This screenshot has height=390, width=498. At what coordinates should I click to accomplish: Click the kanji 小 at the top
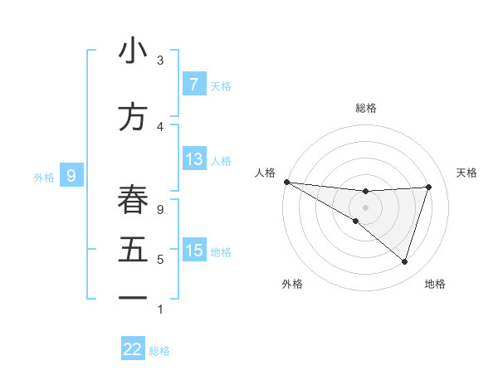pos(133,51)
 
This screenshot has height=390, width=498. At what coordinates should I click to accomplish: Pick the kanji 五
pos(133,249)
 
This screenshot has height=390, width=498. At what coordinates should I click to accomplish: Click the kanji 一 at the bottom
pos(133,297)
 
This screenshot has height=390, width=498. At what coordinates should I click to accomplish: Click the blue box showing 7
pos(193,85)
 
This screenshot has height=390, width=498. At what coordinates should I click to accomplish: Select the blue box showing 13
pos(193,159)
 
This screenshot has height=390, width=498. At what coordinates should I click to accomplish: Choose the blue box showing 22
pos(133,349)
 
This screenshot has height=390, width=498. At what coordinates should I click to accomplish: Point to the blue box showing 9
pos(72,175)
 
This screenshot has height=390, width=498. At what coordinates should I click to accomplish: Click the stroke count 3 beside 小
pos(160,61)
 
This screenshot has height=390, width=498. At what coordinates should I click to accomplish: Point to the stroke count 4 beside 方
pos(160,126)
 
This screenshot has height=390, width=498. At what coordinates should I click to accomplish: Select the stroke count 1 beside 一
pos(160,309)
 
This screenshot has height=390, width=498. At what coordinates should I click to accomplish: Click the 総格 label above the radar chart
pos(365,108)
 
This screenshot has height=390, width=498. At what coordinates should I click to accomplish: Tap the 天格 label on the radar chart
pos(467,173)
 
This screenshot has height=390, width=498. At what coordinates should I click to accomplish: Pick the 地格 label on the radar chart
pos(435,284)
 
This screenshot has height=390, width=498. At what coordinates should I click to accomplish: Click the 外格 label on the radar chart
pos(292,284)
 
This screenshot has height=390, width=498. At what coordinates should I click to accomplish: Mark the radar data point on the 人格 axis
pos(286,182)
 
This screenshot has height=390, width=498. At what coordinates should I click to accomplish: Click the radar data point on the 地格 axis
pos(404,262)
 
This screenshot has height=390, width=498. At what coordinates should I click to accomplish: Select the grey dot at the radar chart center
pos(365,207)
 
